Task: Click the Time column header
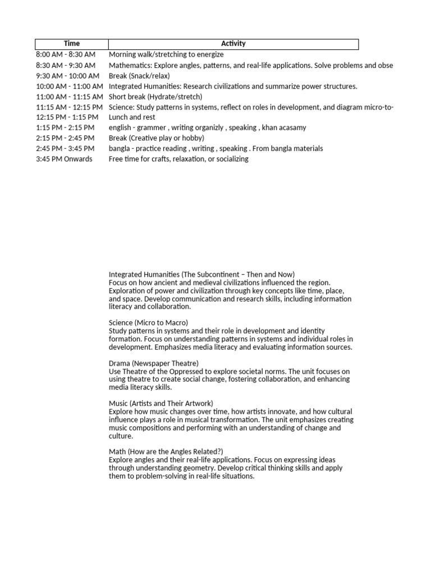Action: pos(72,44)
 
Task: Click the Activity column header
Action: pos(233,44)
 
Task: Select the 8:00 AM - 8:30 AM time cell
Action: pos(66,54)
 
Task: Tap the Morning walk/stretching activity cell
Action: pos(166,54)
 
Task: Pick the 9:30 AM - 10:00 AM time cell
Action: pos(67,76)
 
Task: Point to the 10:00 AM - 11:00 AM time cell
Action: pos(70,86)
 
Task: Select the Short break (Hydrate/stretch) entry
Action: pos(155,97)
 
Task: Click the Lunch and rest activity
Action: pos(132,117)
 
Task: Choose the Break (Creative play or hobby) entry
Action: pos(157,138)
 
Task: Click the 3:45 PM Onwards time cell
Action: pos(64,159)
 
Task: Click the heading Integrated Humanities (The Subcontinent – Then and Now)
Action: pos(201,275)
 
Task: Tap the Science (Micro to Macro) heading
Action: pos(148,323)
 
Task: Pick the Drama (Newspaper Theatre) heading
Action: pos(154,363)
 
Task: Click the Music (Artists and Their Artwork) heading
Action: pos(161,403)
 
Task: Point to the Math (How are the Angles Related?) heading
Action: pos(166,451)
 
